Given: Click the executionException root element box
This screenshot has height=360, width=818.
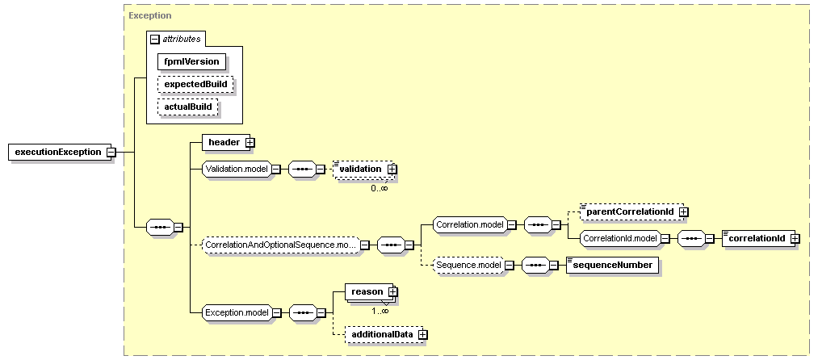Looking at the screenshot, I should [x=56, y=152].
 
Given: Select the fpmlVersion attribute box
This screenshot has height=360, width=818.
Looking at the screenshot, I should [x=191, y=61].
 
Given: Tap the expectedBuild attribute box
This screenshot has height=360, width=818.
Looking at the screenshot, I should [x=195, y=84].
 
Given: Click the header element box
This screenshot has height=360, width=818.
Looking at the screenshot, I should [x=223, y=142].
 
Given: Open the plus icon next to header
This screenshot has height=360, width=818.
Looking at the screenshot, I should [x=250, y=142].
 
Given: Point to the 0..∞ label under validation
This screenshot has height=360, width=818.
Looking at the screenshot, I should [x=380, y=188].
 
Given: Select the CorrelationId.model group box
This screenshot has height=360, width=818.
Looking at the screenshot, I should [x=619, y=238].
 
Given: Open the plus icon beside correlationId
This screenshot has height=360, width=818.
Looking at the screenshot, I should [x=795, y=238].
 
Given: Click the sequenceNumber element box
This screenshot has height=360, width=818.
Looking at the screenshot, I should [x=611, y=264].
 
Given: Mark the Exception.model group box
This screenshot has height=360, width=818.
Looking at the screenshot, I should [x=235, y=312].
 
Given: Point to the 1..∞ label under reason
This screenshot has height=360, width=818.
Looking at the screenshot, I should [x=380, y=310].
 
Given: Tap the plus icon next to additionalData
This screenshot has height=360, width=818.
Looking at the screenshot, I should [x=421, y=333].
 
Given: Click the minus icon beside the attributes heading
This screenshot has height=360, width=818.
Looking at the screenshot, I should [x=155, y=38].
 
